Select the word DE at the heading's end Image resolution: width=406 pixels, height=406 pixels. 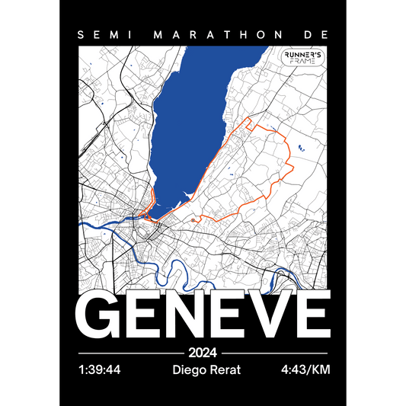coord(311,35)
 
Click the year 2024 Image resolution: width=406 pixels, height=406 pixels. coord(203,353)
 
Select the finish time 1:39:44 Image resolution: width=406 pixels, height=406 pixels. coord(100,371)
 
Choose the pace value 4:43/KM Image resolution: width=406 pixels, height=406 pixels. coord(305,371)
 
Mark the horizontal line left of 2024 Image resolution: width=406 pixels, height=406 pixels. coord(130,353)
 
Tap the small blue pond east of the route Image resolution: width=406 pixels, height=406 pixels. coord(301,148)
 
